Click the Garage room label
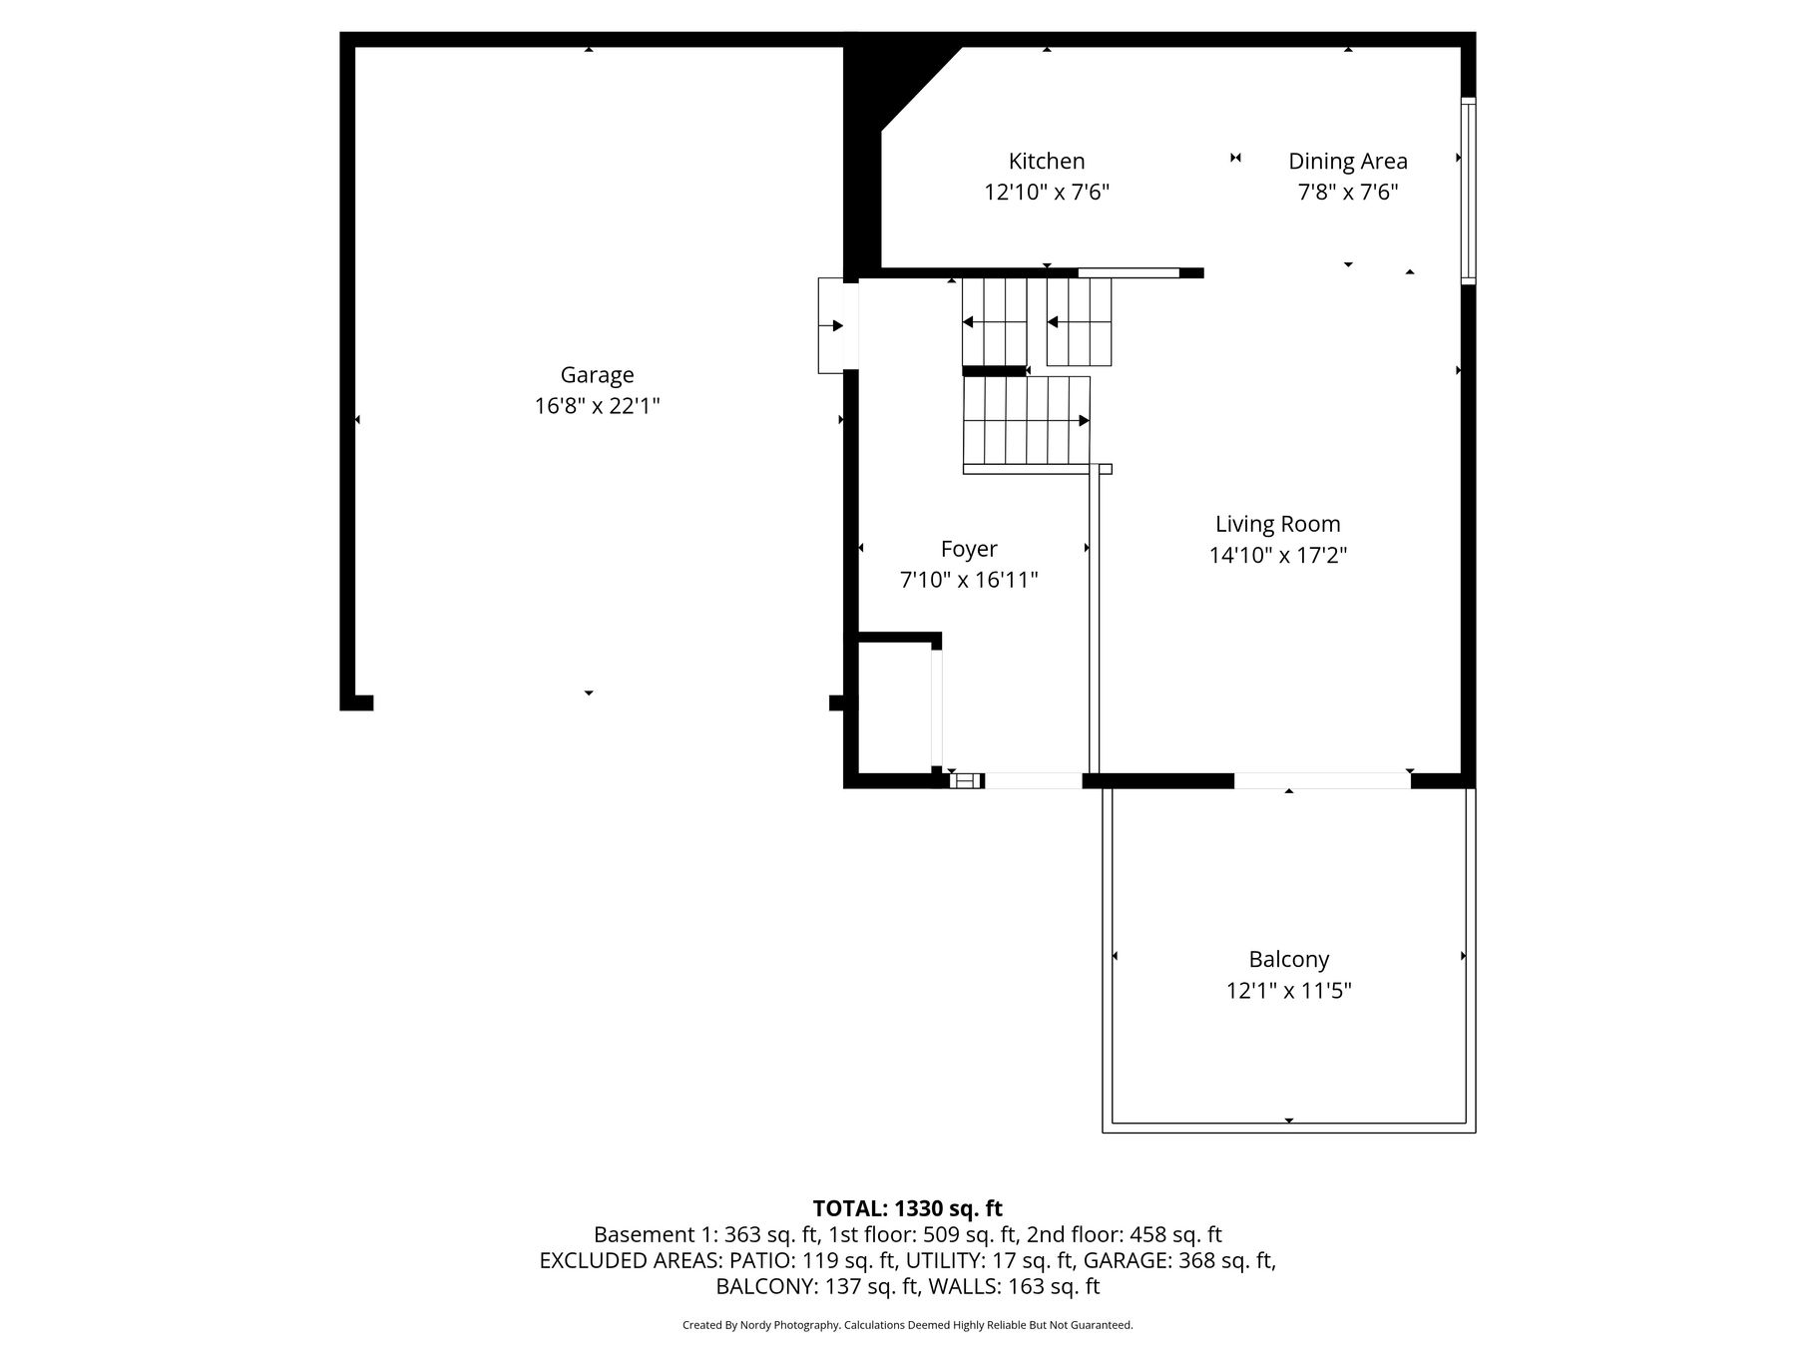click(x=597, y=375)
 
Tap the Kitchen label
click(x=1047, y=161)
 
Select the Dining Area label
click(x=1348, y=162)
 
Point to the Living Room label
click(x=1278, y=524)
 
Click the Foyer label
click(x=969, y=549)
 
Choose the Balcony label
click(x=1289, y=960)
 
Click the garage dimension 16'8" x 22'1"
click(x=598, y=406)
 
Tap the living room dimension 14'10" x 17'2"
click(x=1278, y=555)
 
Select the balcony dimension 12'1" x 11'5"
click(x=1289, y=991)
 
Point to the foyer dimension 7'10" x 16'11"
click(x=969, y=580)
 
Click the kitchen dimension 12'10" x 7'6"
click(x=1047, y=192)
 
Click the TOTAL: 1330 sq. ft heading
click(x=908, y=1209)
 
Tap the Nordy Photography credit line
click(x=908, y=1325)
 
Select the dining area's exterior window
click(x=1468, y=191)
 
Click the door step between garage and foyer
click(x=831, y=325)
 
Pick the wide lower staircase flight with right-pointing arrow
click(x=1027, y=420)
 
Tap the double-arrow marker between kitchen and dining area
click(x=1235, y=158)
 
